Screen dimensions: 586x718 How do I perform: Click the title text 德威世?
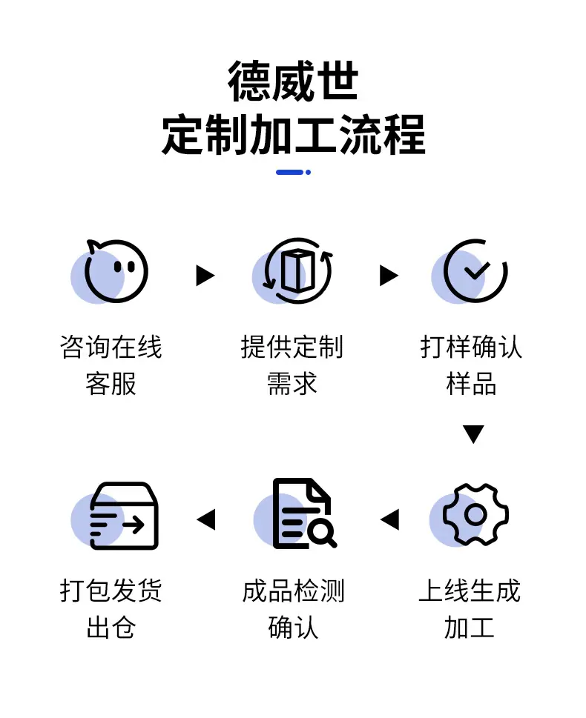(292, 81)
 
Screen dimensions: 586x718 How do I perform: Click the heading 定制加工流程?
(294, 135)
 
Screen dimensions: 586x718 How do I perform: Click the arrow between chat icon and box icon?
(205, 275)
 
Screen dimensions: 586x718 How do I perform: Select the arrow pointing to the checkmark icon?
(389, 275)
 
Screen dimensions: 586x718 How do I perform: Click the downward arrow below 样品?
(474, 434)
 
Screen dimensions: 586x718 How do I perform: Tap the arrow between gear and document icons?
(389, 519)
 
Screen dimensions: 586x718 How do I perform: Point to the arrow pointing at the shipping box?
(206, 519)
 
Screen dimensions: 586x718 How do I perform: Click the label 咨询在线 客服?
(111, 365)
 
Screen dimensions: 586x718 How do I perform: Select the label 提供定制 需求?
(292, 365)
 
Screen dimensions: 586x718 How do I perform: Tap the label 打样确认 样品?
(471, 365)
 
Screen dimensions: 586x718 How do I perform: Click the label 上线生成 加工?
(470, 608)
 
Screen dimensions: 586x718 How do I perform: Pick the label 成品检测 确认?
(293, 608)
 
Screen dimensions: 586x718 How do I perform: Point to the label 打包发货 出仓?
(111, 608)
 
